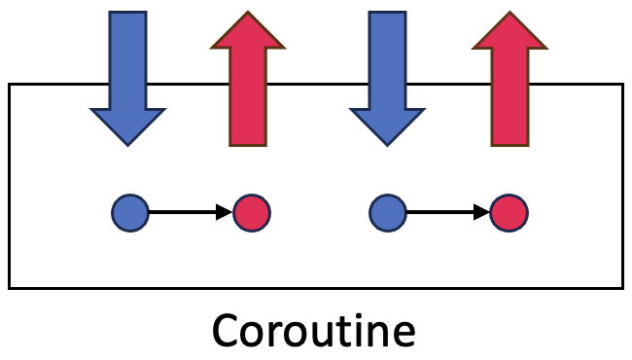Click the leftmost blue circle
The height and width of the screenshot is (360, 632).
click(x=130, y=212)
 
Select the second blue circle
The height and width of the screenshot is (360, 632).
click(x=389, y=212)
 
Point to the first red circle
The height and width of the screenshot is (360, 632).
click(x=252, y=212)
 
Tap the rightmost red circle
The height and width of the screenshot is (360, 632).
click(x=509, y=212)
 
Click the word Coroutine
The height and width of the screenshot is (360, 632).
click(x=314, y=331)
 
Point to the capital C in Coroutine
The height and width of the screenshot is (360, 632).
click(x=228, y=331)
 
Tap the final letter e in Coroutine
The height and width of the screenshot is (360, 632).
click(x=404, y=334)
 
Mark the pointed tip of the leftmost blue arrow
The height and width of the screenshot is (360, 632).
click(x=128, y=144)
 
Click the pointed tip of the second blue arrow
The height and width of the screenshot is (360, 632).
click(x=387, y=144)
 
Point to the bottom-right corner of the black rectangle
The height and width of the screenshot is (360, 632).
click(x=621, y=287)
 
